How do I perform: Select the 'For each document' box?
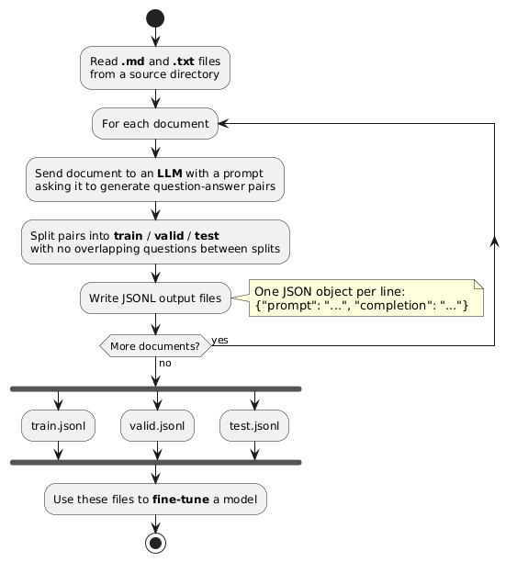[x=155, y=124]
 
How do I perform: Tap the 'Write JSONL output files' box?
[x=155, y=298]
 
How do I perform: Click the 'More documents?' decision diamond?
[x=155, y=346]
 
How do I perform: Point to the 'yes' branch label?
[x=219, y=340]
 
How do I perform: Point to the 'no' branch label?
[x=165, y=363]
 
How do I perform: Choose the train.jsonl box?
[x=57, y=425]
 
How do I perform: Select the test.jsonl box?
[x=254, y=425]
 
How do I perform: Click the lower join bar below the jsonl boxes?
[x=155, y=461]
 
